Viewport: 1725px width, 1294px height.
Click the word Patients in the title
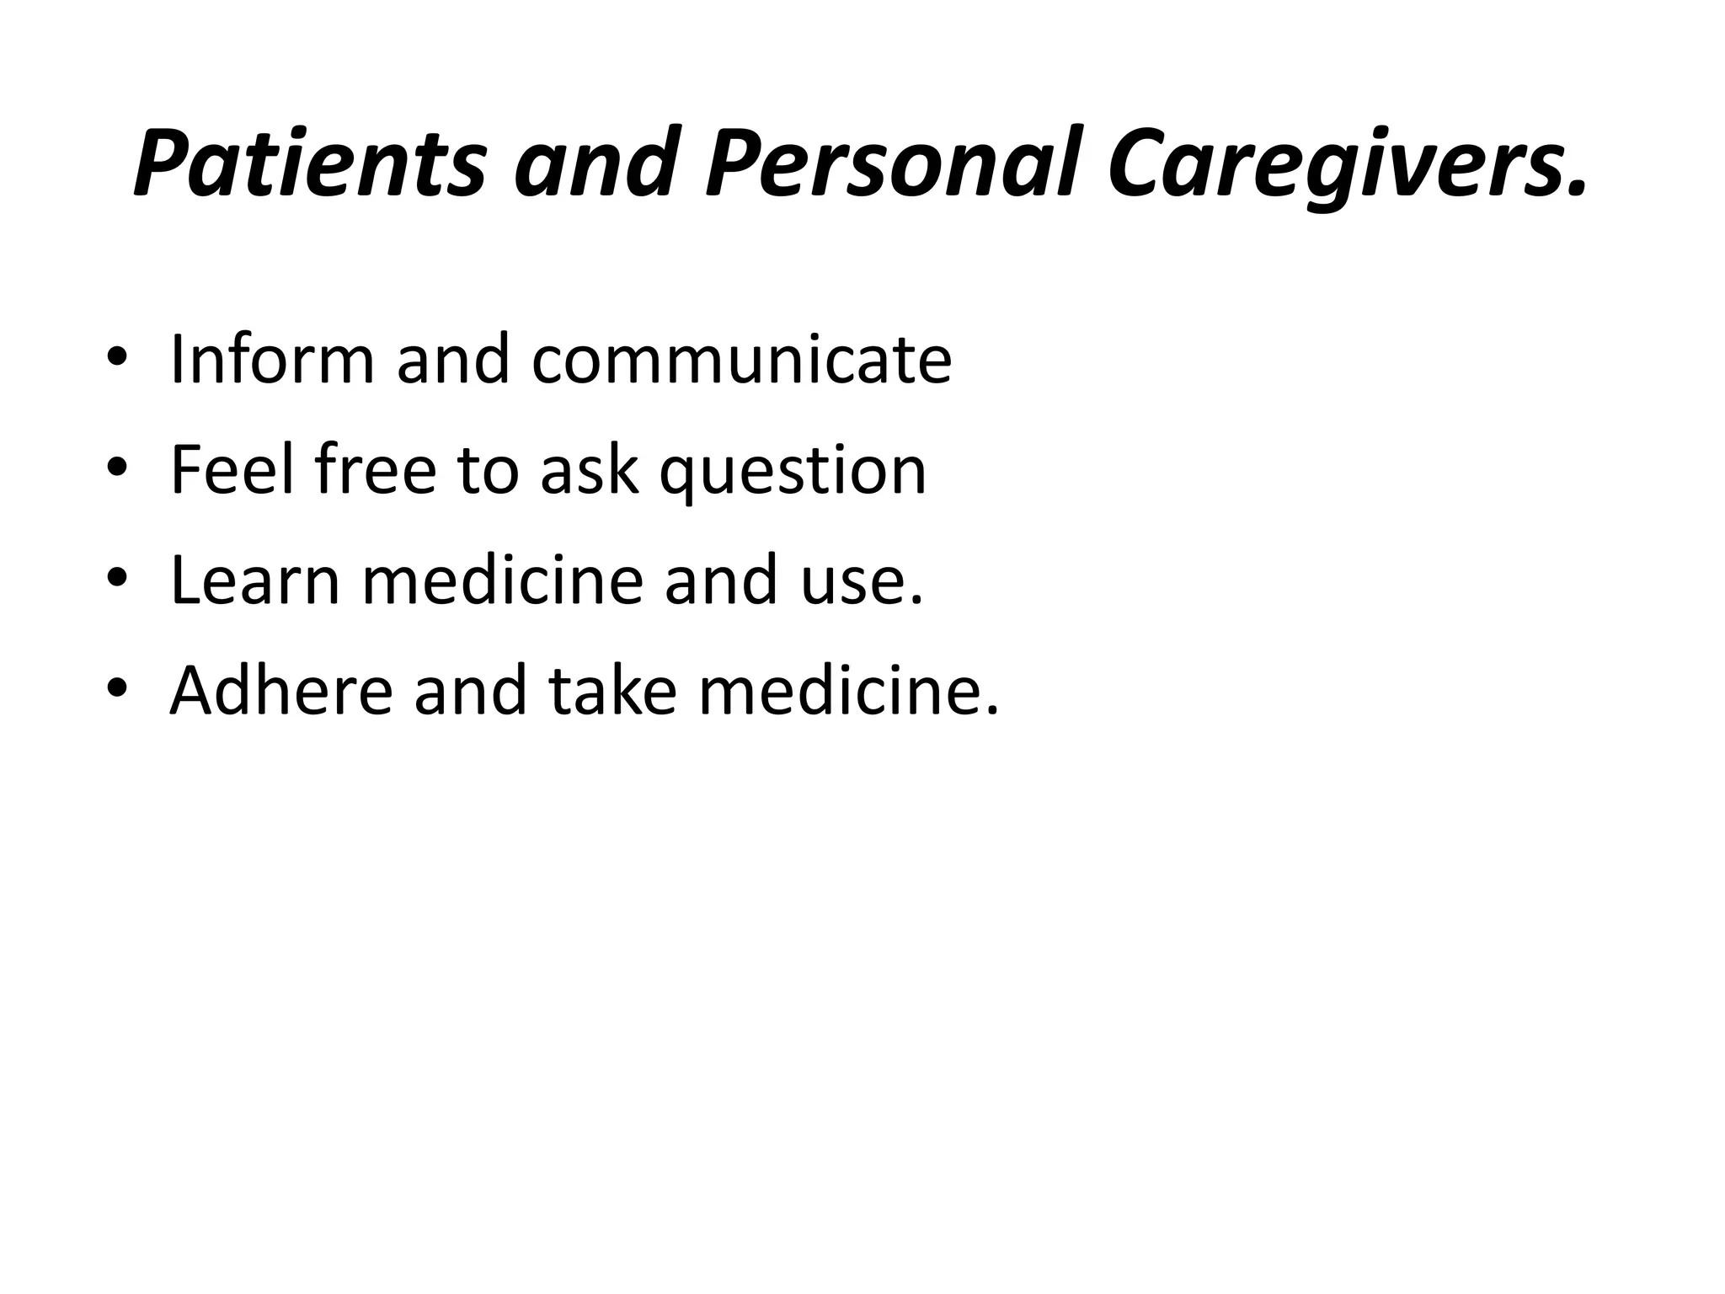click(310, 162)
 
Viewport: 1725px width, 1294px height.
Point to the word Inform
click(271, 360)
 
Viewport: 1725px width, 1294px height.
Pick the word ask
click(588, 470)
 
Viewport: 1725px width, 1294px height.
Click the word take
click(613, 691)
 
